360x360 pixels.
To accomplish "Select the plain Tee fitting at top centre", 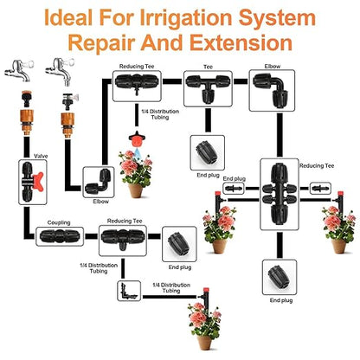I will pos(206,85).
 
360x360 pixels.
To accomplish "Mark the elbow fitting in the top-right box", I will pos(267,87).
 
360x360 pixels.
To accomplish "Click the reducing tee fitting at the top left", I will pos(135,84).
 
